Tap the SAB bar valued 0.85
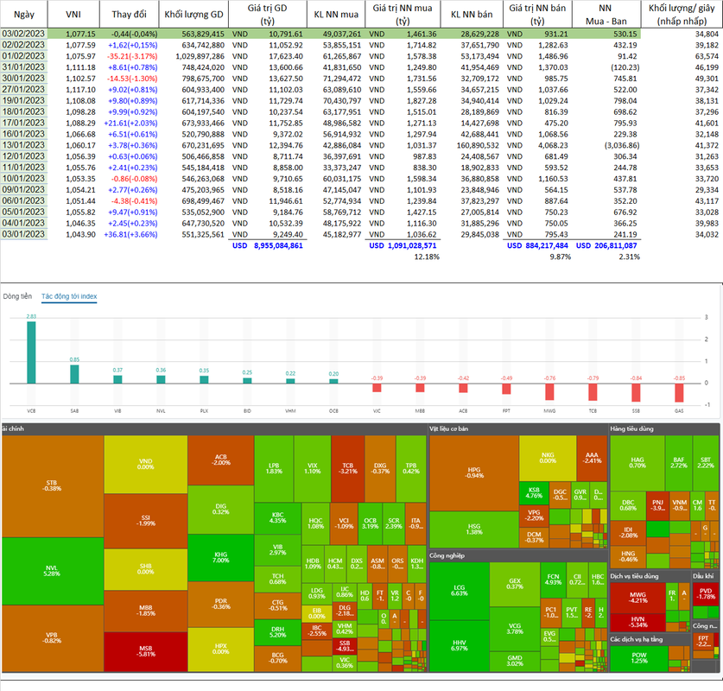click(x=74, y=373)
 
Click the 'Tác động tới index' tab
click(x=69, y=296)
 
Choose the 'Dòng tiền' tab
click(x=16, y=296)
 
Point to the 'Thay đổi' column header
click(x=123, y=16)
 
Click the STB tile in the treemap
click(x=52, y=485)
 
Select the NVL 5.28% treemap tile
click(x=52, y=569)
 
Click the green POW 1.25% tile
click(x=639, y=657)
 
